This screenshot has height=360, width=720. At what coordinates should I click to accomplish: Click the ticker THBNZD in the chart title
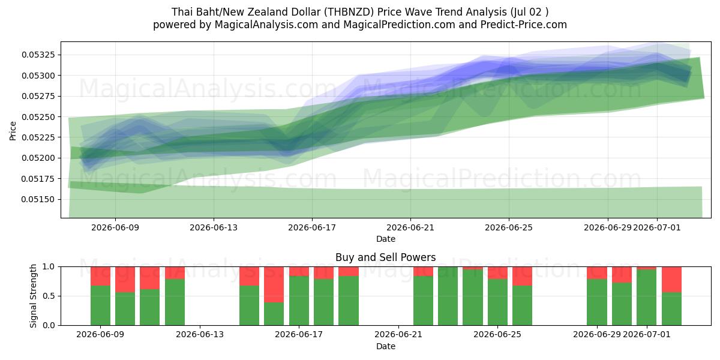pyautogui.click(x=349, y=12)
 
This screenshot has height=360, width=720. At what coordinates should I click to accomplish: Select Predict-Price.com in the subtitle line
pyautogui.click(x=524, y=25)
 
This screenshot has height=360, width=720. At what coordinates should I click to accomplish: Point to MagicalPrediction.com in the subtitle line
pyautogui.click(x=399, y=25)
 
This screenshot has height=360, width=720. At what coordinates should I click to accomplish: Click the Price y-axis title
pyautogui.click(x=13, y=131)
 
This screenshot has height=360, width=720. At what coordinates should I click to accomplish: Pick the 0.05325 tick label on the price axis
pyautogui.click(x=38, y=55)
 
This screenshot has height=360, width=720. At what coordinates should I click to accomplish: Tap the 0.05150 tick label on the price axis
pyautogui.click(x=38, y=199)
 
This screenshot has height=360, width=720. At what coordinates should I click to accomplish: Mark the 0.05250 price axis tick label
pyautogui.click(x=38, y=116)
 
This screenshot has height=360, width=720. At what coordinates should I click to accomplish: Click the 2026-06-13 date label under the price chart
pyautogui.click(x=214, y=227)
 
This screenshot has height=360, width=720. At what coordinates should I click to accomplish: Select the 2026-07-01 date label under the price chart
pyautogui.click(x=656, y=227)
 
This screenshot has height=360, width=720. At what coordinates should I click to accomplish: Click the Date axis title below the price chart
pyautogui.click(x=386, y=239)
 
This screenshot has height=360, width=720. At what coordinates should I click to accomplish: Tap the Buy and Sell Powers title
pyautogui.click(x=386, y=257)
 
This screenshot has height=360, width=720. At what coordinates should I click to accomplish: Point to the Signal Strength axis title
pyautogui.click(x=33, y=296)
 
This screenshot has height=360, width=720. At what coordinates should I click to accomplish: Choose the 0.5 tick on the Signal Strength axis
pyautogui.click(x=49, y=296)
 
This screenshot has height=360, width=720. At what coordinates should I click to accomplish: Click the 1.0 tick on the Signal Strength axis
pyautogui.click(x=49, y=266)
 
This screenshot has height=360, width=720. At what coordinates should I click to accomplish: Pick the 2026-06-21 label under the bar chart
pyautogui.click(x=398, y=334)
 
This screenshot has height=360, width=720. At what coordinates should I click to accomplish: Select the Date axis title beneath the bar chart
pyautogui.click(x=386, y=346)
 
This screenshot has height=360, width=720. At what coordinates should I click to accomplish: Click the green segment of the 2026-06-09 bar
pyautogui.click(x=100, y=305)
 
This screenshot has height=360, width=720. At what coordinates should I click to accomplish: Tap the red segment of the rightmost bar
pyautogui.click(x=671, y=280)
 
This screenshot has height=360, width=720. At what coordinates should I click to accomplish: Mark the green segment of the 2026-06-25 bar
pyautogui.click(x=497, y=302)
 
